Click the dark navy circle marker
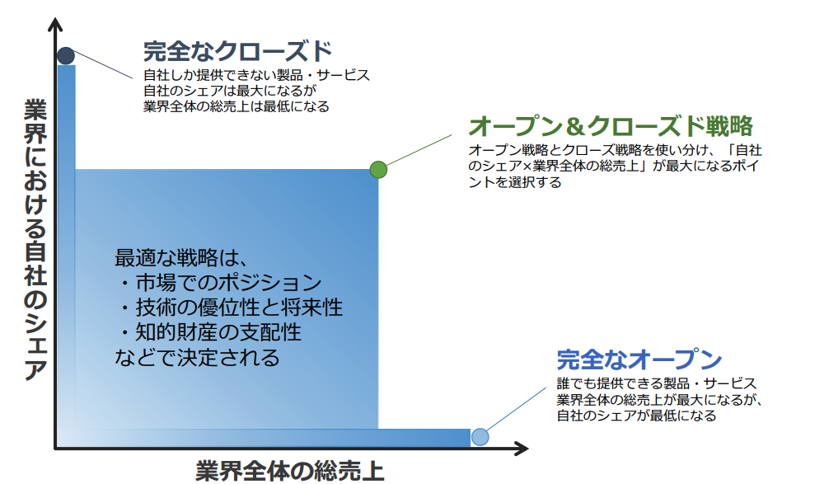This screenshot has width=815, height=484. coord(66,55)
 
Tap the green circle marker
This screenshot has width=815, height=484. coord(378,170)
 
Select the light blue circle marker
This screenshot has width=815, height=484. coord(480,437)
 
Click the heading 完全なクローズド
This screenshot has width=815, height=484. coord(237,51)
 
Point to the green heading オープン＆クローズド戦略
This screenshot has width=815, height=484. coord(611,126)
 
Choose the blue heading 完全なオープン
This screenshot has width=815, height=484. coord(639,359)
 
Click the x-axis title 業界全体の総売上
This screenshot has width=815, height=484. coord(289,471)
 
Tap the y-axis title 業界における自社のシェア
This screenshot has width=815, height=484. coord(35,240)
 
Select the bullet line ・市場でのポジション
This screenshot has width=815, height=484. coord(218,282)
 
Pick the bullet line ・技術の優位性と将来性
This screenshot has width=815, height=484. coord(229,308)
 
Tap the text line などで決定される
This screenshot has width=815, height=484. coord(197,358)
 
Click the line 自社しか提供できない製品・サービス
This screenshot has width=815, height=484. coord(257,75)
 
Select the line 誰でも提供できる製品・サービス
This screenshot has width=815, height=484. coord(657,383)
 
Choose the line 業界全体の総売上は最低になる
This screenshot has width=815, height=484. coord(237,106)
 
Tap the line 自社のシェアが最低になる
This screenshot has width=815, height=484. coord(636,416)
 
